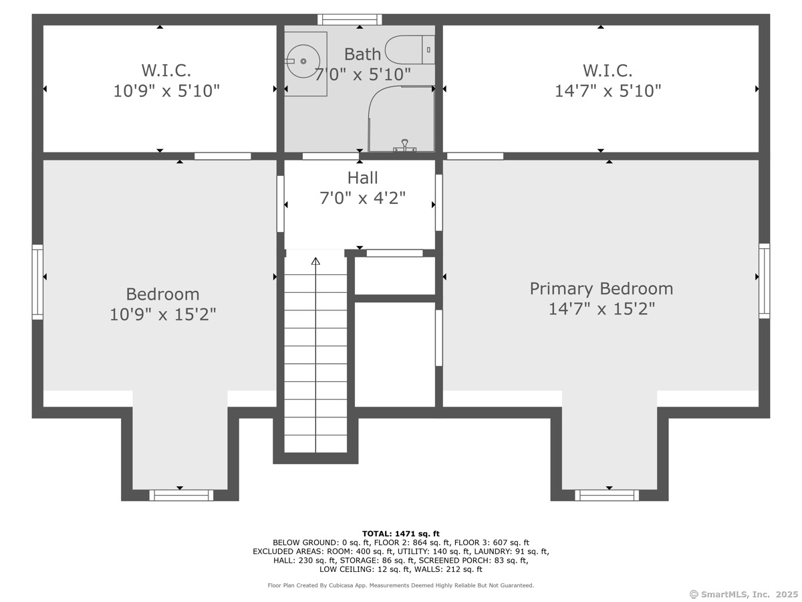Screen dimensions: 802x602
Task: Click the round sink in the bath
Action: click(303, 61)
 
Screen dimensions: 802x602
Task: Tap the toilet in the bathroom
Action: click(410, 49)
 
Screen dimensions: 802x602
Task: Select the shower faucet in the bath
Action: click(404, 145)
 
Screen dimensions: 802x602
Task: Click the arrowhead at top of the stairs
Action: click(315, 261)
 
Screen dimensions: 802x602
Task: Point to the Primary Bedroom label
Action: click(601, 288)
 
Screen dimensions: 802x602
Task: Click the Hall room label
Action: click(362, 178)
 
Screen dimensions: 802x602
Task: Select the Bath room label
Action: click(362, 54)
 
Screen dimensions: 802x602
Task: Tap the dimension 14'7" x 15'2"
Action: click(601, 308)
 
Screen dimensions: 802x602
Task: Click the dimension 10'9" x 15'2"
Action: click(162, 314)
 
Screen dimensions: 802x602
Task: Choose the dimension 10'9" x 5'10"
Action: click(166, 91)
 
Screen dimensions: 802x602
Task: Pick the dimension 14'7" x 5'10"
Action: click(608, 91)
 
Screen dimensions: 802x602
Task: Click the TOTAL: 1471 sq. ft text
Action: click(401, 534)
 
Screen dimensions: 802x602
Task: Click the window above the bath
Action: click(350, 19)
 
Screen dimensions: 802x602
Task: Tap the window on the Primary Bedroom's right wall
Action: click(765, 281)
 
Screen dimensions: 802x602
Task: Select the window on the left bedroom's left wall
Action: click(37, 282)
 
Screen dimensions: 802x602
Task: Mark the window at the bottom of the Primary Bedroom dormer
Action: click(607, 495)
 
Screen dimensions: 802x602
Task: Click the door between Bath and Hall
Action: click(331, 157)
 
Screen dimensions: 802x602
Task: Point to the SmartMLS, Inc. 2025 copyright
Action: click(744, 594)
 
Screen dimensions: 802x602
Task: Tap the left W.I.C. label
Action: click(166, 70)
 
